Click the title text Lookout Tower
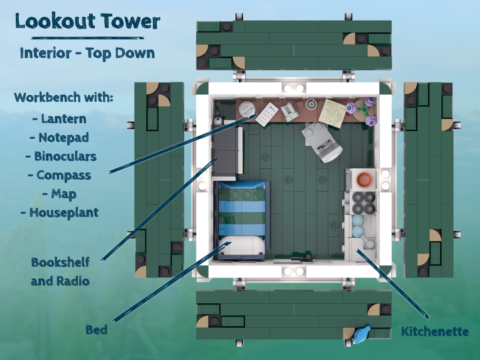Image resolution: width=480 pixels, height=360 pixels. (x=88, y=21)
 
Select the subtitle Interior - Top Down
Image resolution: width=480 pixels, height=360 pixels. (x=87, y=53)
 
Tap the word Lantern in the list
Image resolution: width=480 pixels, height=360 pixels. (x=64, y=119)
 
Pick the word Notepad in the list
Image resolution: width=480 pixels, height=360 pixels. (x=64, y=138)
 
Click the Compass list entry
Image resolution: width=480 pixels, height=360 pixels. (x=64, y=175)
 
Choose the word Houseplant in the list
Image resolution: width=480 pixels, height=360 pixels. (x=64, y=213)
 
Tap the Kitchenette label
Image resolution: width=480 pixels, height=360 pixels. (x=435, y=331)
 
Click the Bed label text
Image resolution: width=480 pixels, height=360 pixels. (x=97, y=330)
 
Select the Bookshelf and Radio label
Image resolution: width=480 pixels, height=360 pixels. (x=60, y=271)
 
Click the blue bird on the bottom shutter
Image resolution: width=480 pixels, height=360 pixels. (x=361, y=335)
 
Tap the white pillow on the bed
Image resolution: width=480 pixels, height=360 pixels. (x=242, y=245)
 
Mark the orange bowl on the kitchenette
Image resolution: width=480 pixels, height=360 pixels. (x=364, y=180)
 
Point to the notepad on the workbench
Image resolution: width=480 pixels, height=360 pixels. (x=267, y=114)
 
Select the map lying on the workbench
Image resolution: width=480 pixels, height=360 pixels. (x=332, y=113)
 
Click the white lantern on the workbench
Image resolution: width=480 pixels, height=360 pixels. (x=247, y=109)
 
